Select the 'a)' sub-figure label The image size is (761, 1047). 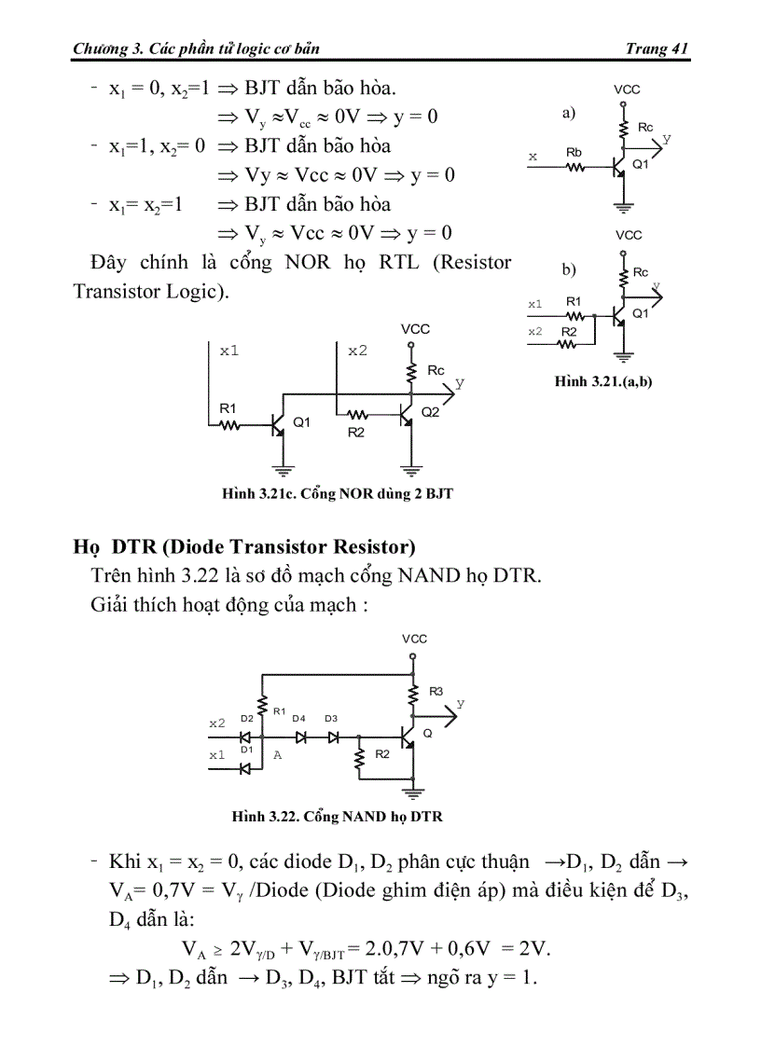[x=569, y=113]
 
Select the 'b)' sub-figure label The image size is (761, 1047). [x=569, y=269]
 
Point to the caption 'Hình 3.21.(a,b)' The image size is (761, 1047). [x=602, y=381]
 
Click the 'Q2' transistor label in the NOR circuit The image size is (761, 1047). [x=430, y=412]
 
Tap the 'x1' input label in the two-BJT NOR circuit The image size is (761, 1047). [x=229, y=351]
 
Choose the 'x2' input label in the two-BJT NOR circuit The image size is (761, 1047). [x=358, y=351]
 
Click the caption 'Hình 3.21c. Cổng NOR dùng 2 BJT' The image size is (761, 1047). [x=337, y=493]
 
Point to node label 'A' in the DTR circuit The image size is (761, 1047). [x=277, y=755]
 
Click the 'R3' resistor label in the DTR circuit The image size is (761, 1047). [x=436, y=691]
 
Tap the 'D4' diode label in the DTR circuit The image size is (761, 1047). [x=298, y=718]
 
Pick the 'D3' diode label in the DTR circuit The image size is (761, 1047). [x=331, y=718]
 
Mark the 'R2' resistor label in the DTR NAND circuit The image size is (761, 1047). [x=381, y=754]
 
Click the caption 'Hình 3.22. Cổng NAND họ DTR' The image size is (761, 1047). [x=337, y=817]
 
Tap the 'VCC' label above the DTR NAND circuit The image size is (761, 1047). [x=414, y=639]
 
